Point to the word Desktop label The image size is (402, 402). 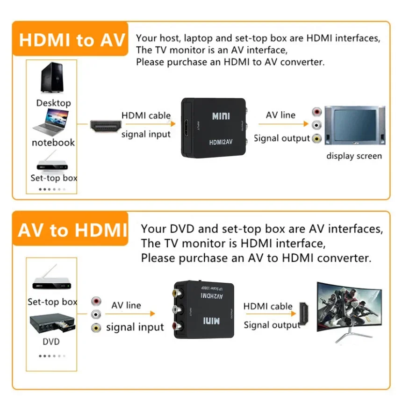point(54,103)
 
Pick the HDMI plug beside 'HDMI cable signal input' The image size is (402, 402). point(106,125)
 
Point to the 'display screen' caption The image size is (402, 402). point(354,156)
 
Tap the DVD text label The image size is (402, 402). point(51,342)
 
